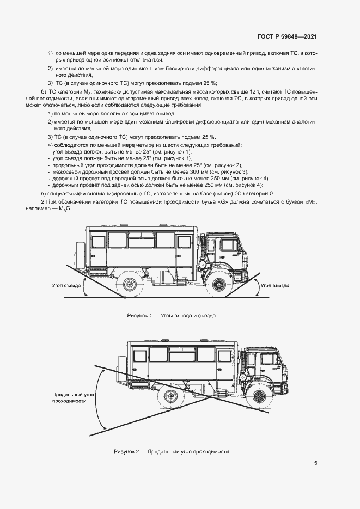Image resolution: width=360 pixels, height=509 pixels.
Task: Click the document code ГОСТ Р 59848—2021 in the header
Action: click(x=286, y=37)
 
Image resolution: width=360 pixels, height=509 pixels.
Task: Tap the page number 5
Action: click(x=315, y=463)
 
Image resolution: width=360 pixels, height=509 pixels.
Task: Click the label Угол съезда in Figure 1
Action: click(x=66, y=285)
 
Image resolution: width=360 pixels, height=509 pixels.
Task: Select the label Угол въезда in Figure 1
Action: click(x=274, y=285)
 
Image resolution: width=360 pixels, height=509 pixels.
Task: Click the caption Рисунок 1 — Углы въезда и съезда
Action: click(x=172, y=315)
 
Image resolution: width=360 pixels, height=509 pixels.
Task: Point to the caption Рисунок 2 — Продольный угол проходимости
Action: click(x=172, y=451)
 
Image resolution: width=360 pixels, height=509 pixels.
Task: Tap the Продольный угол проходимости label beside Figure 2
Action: click(x=69, y=397)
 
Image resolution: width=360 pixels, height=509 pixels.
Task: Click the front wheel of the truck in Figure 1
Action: click(x=219, y=284)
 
